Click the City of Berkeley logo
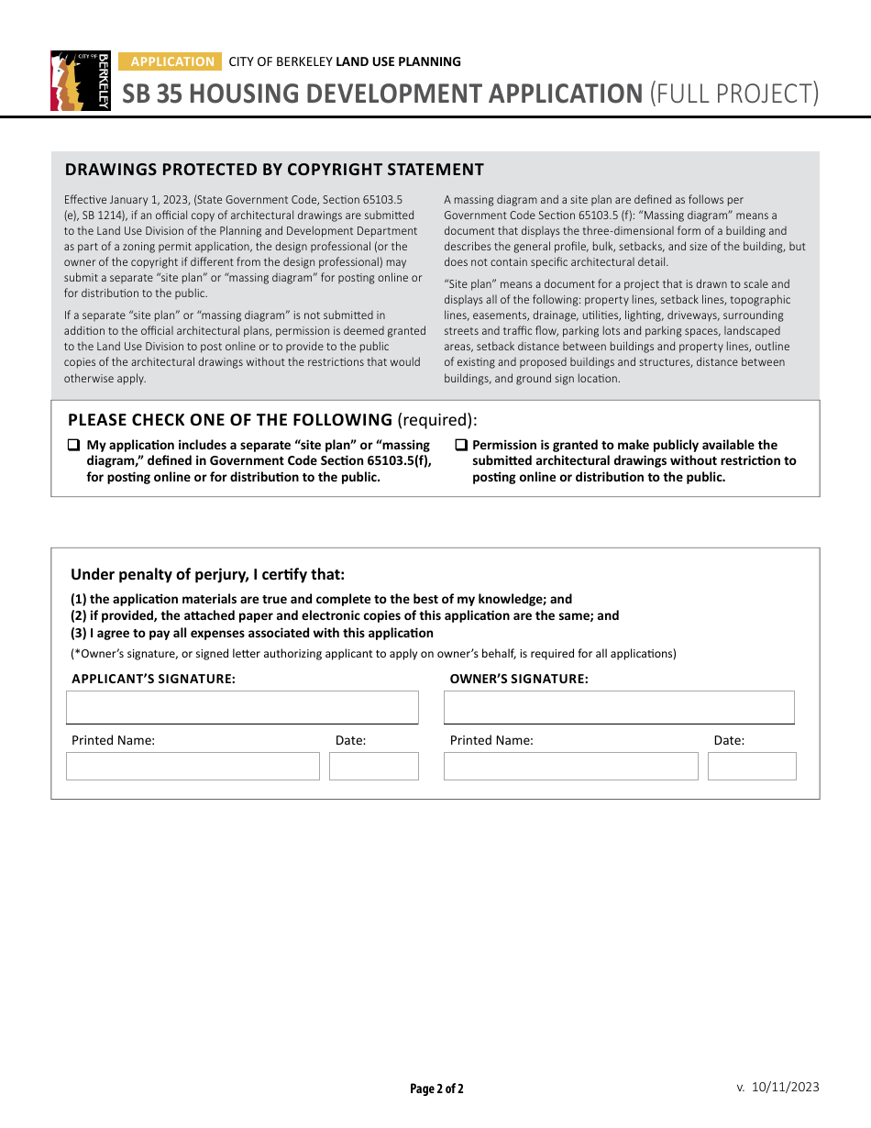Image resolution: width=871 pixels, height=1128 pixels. pos(81,81)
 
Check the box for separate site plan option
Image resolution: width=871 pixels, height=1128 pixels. pos(73,446)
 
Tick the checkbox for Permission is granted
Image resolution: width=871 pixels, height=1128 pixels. pos(461,446)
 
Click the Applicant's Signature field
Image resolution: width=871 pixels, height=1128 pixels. pos(242,708)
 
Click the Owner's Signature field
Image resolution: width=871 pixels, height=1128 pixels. pos(619,708)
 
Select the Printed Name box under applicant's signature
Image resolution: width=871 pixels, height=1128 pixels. pos(193,766)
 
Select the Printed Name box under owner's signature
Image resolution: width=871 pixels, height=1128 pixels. pos(570,766)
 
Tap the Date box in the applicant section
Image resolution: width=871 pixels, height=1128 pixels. pos(373,766)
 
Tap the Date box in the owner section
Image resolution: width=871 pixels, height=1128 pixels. pos(752,766)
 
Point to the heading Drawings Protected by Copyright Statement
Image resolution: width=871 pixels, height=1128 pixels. pos(274,170)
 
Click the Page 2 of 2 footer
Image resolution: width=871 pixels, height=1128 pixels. pos(436,1089)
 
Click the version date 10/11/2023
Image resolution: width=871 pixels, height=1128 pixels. pos(785,1088)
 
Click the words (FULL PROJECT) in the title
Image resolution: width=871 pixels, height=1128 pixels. pos(733,94)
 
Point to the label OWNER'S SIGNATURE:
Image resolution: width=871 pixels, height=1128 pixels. pos(519,680)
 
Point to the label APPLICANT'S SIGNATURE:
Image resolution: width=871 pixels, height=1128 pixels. pos(153,680)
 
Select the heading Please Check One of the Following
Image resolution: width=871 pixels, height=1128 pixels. pos(230,420)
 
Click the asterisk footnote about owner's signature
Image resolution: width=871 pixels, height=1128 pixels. pos(373,654)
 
